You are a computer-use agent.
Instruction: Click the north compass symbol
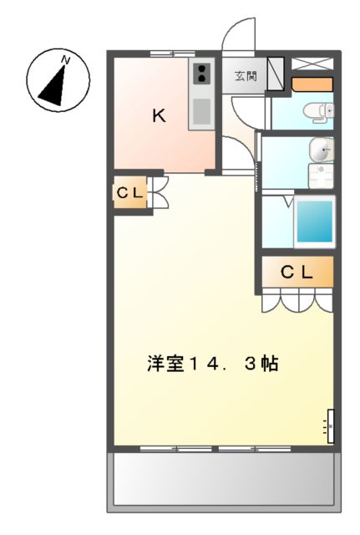click(x=56, y=81)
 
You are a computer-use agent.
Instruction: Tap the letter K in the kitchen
click(x=159, y=116)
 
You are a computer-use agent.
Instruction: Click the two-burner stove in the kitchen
click(x=202, y=74)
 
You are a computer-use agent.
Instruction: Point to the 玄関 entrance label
click(x=245, y=76)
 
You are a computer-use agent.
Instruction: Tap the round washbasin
click(x=320, y=150)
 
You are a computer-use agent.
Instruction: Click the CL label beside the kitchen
click(x=130, y=194)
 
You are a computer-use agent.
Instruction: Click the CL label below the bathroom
click(x=297, y=271)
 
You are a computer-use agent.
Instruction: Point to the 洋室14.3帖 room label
click(x=212, y=364)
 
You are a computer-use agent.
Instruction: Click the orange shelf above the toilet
click(x=312, y=84)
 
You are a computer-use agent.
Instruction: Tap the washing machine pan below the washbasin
click(x=320, y=176)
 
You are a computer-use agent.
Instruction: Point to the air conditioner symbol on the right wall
click(x=330, y=425)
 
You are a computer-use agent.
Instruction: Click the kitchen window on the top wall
click(x=174, y=53)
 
